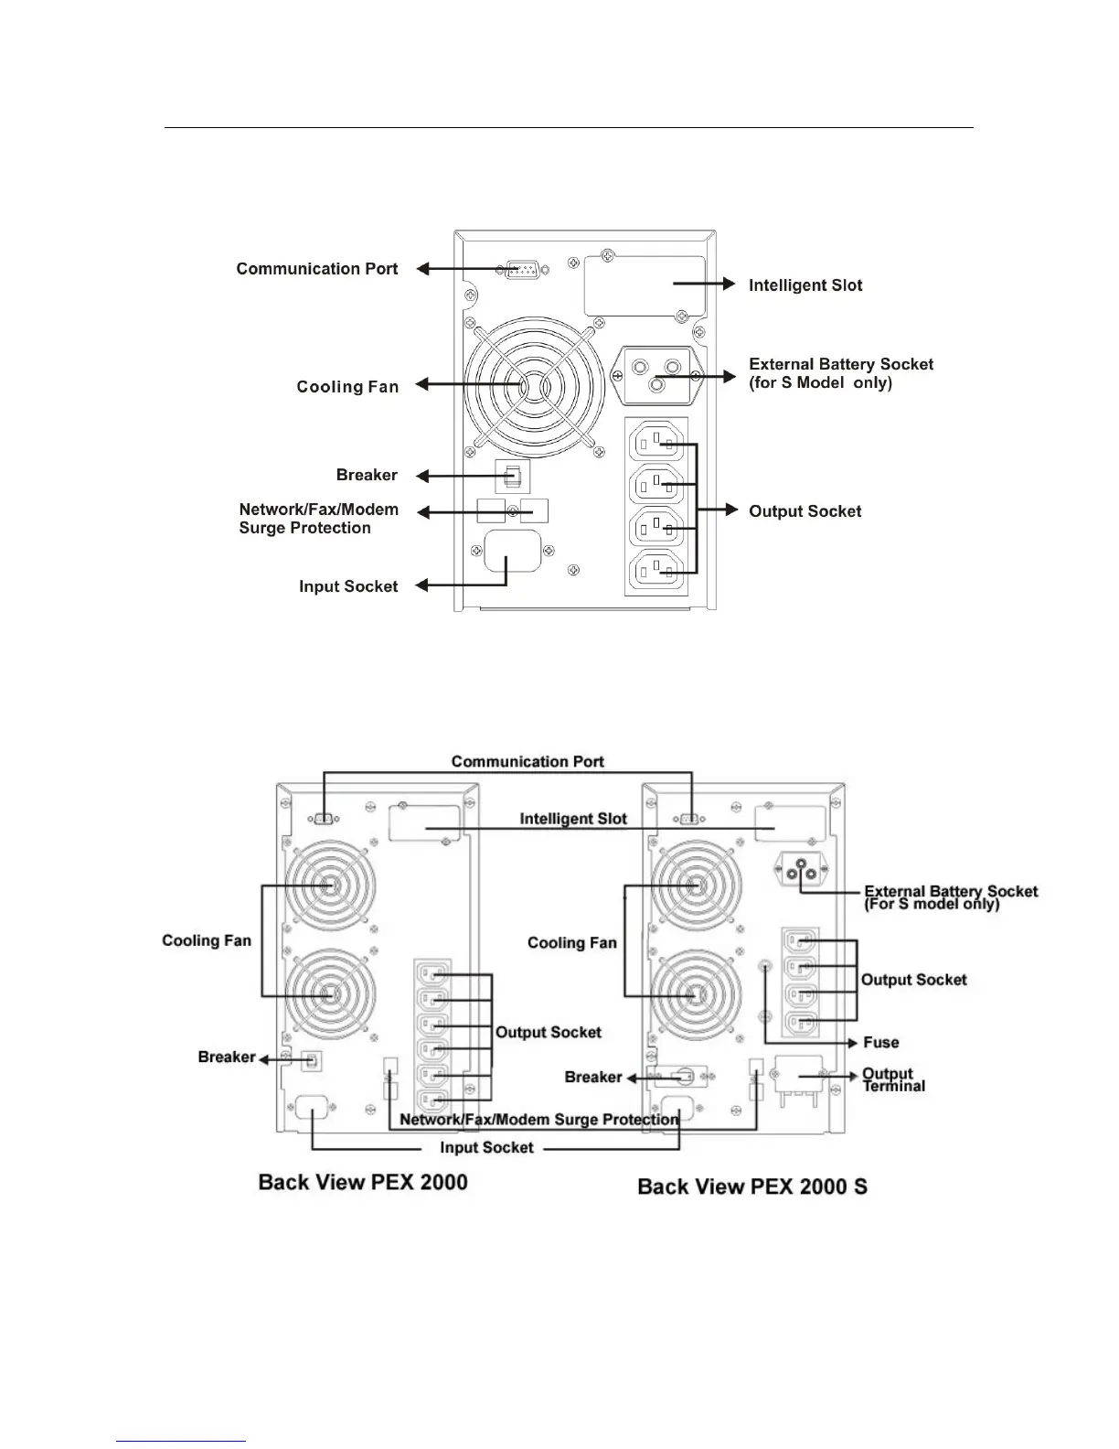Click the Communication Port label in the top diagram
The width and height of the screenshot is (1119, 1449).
tap(317, 269)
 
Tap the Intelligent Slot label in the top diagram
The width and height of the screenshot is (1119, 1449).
tap(805, 285)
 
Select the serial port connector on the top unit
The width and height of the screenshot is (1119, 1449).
tap(521, 270)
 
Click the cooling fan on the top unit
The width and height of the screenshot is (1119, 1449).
tap(534, 386)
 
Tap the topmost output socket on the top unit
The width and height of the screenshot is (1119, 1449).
tap(656, 444)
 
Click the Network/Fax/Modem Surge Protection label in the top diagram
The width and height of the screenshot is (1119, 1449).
tap(318, 519)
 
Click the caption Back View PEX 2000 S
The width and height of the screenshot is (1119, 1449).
tap(752, 1186)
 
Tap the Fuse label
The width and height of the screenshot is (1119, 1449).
tap(881, 1042)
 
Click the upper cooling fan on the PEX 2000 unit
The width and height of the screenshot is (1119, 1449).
tap(328, 886)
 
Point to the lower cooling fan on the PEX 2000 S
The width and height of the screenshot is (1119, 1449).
tap(694, 995)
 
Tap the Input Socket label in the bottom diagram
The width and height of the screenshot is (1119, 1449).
tap(486, 1147)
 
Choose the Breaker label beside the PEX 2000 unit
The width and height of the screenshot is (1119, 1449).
tap(227, 1057)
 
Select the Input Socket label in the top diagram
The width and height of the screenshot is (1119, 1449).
tap(348, 586)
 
